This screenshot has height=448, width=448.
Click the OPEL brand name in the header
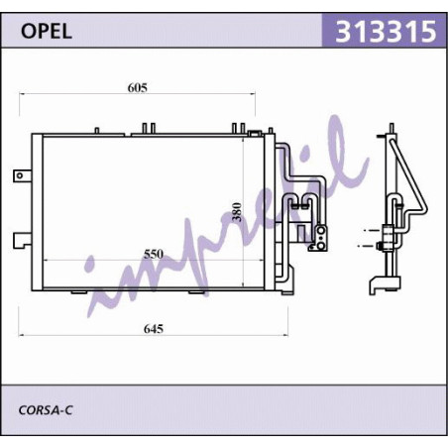(x=47, y=32)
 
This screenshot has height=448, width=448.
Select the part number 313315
(x=386, y=32)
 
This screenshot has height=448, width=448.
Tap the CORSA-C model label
(x=46, y=410)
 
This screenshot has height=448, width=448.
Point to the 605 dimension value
(x=137, y=87)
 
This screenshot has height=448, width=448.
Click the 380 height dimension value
(x=237, y=212)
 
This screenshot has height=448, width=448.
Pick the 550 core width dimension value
(x=154, y=254)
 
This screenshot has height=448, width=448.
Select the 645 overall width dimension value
(x=154, y=329)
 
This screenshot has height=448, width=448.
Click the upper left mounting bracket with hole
(x=22, y=175)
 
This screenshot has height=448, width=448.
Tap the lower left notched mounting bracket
(x=22, y=240)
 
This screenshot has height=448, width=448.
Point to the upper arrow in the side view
(x=372, y=230)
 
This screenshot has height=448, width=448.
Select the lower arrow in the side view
(x=366, y=246)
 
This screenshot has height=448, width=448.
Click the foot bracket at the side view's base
(x=385, y=285)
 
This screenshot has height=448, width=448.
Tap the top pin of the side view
(x=392, y=128)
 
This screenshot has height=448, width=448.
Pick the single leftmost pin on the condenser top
(x=97, y=131)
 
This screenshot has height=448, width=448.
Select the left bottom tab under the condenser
(x=79, y=291)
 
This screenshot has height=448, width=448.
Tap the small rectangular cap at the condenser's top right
(x=255, y=133)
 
